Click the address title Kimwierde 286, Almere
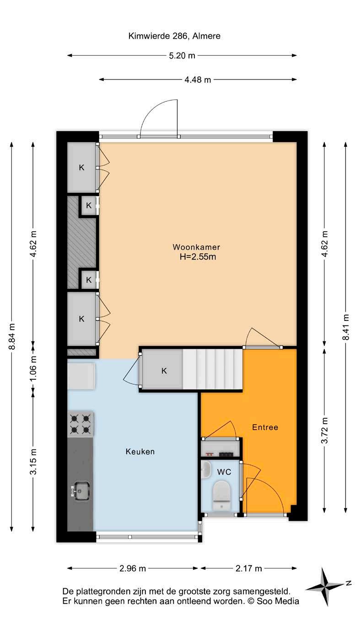174,36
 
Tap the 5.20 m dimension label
182,56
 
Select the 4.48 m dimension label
198,80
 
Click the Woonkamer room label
196,247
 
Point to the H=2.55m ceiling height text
198,257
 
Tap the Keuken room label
140,451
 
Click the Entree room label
265,427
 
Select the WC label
224,472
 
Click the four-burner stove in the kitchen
81,424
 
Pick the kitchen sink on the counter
80,490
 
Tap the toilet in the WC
221,495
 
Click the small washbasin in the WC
206,470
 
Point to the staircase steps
212,369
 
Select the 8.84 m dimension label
12,336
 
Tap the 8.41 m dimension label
346,327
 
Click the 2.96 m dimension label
133,568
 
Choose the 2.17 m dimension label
248,568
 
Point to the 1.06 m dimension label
33,368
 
